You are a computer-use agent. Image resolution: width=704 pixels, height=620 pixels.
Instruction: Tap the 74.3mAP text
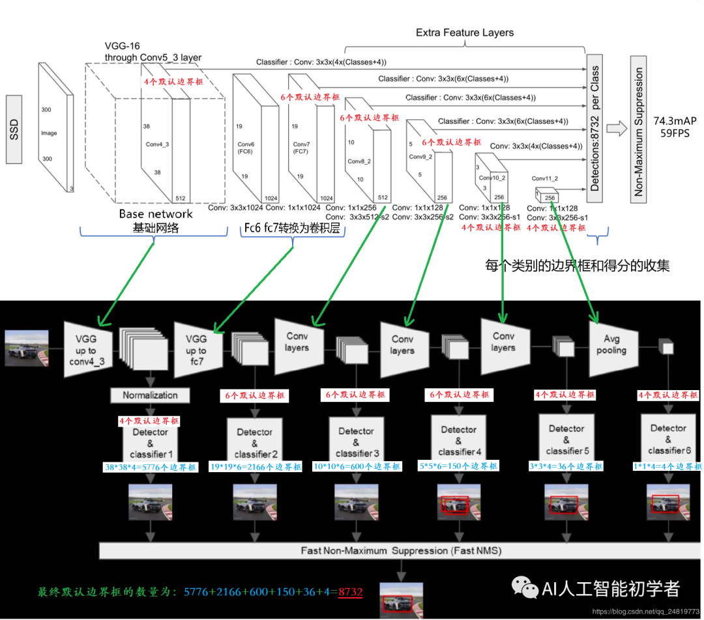coord(675,121)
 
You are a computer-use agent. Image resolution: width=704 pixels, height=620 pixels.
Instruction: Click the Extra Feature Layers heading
coord(464,33)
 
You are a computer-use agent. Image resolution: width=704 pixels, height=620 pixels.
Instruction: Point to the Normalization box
coord(150,395)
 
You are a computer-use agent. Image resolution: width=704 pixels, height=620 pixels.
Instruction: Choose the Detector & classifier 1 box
coord(150,443)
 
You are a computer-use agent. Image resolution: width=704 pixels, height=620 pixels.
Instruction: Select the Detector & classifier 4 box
coord(458,441)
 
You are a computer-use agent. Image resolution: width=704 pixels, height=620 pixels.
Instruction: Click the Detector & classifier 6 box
coord(668,440)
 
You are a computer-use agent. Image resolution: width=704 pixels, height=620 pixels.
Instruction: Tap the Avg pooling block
coord(611,345)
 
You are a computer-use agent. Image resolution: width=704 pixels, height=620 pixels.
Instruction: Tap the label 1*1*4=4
coord(667,466)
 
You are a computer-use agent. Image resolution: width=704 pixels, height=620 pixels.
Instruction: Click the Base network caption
coord(156,214)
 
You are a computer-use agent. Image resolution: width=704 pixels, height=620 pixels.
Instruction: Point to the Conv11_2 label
coord(545,178)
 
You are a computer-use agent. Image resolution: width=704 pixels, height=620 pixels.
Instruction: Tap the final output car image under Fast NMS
coord(401,597)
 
